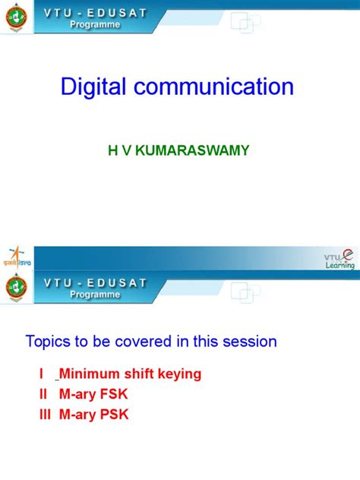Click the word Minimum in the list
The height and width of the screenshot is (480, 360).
[x=88, y=374]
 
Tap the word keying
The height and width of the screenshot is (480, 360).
[x=177, y=374]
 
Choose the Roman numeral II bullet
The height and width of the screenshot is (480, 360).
[x=31, y=395]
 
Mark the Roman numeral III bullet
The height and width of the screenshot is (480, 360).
[x=33, y=415]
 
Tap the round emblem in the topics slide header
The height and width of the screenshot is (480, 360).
[x=14, y=288]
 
